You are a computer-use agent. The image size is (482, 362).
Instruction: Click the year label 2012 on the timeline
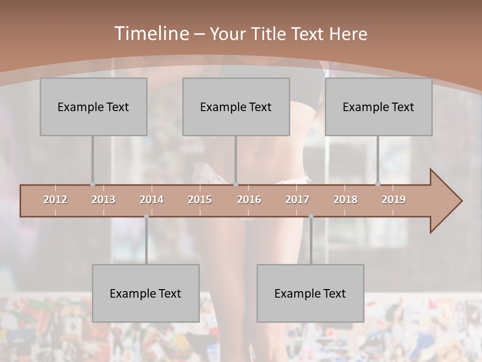55,200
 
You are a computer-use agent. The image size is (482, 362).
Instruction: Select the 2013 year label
103,200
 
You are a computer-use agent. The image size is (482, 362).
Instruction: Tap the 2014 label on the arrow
152,200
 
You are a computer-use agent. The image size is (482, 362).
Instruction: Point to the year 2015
200,200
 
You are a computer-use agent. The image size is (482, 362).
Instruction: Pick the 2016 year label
249,200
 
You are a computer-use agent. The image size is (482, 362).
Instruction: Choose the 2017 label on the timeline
297,200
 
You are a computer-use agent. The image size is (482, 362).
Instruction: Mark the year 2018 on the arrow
345,200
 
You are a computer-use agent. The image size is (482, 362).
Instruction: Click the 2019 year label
394,200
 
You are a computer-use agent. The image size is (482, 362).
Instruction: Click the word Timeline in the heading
151,33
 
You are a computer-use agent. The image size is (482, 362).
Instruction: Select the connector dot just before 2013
92,185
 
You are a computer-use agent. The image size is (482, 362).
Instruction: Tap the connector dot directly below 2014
146,216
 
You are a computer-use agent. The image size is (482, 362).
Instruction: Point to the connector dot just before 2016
236,185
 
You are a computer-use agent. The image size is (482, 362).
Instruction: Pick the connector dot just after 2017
311,216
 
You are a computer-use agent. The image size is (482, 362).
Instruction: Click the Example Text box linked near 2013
93,107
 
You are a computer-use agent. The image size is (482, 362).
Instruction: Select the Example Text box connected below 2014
146,293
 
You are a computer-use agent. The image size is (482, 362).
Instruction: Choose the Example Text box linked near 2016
236,107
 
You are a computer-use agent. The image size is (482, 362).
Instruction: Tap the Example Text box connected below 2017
310,293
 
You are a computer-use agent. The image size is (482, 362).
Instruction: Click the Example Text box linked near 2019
379,107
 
